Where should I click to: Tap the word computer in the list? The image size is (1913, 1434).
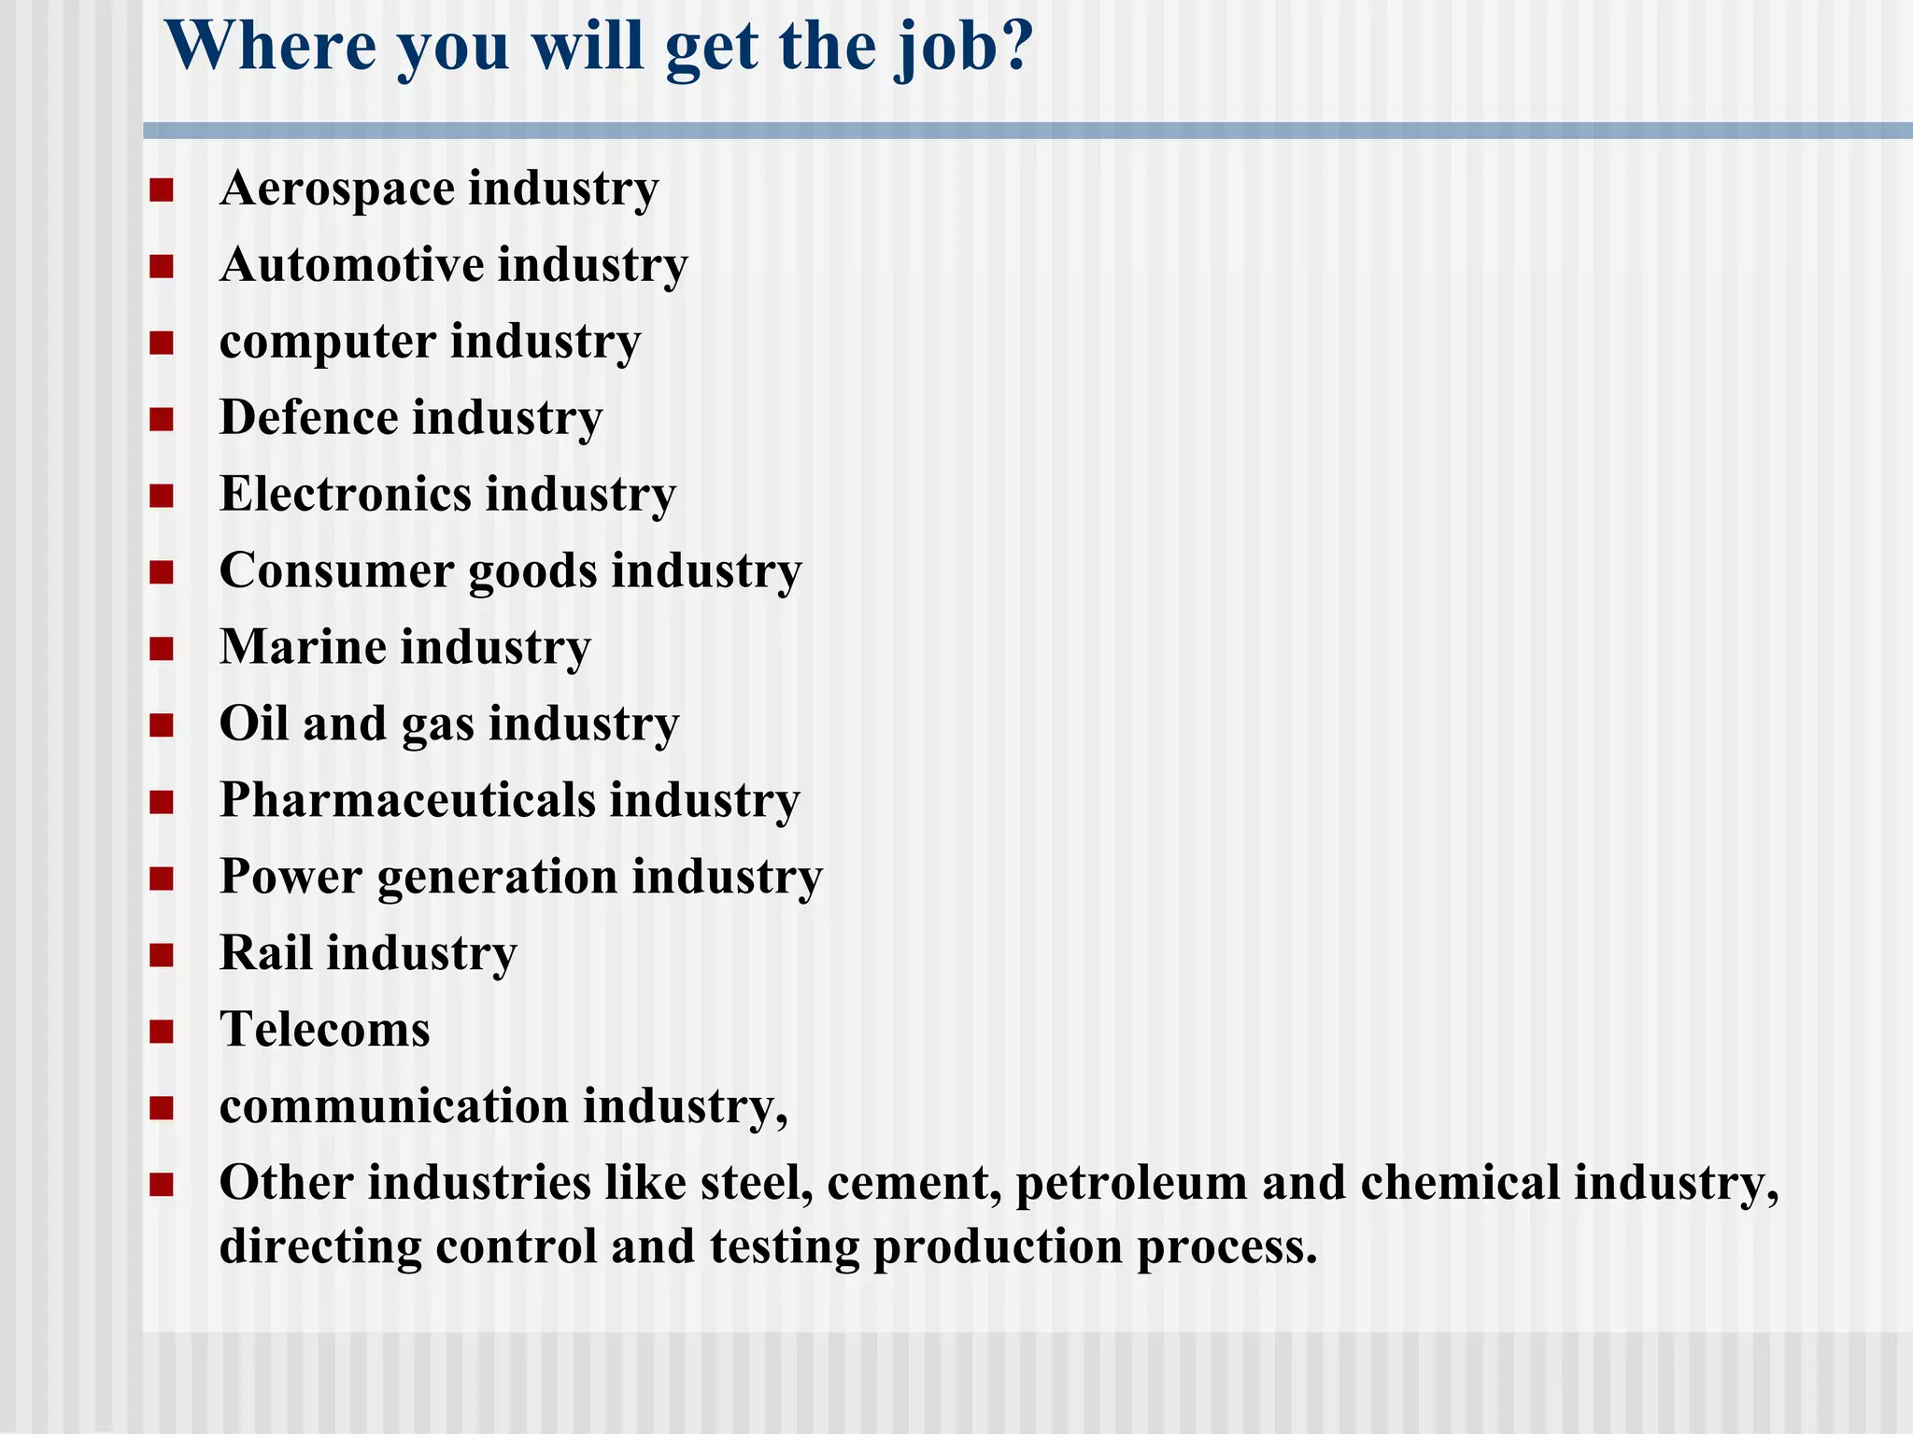pos(328,342)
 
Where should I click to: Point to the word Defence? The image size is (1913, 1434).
pos(309,417)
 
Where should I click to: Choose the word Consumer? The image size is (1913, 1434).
pos(336,570)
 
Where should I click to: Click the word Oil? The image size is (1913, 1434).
pos(253,724)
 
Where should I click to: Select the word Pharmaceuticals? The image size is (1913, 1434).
pos(407,800)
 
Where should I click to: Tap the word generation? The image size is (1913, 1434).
pos(497,879)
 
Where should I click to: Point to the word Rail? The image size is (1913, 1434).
pos(265,953)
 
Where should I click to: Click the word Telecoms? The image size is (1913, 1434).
pos(324,1030)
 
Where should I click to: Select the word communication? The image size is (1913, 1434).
pos(394,1106)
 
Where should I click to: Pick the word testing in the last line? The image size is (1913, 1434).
pos(784,1247)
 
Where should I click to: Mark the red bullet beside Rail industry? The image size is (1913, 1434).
pos(161,954)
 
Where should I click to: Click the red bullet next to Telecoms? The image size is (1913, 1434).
pos(161,1031)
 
